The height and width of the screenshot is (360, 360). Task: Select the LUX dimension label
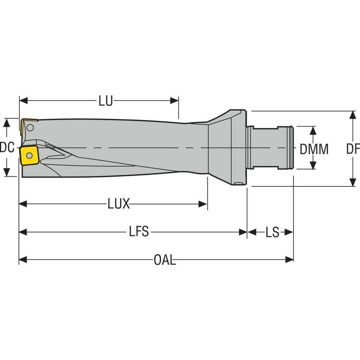click(x=118, y=204)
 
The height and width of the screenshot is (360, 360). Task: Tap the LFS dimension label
click(x=139, y=232)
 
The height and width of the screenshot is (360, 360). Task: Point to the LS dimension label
click(x=273, y=233)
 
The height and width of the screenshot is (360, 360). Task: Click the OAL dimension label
click(x=165, y=260)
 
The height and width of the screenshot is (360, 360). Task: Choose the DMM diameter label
click(x=314, y=149)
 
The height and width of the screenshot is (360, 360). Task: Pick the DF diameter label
click(x=353, y=149)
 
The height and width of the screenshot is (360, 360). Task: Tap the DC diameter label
click(x=7, y=147)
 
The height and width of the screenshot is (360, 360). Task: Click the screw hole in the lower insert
click(x=29, y=155)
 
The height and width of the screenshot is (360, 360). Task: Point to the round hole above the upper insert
click(x=31, y=127)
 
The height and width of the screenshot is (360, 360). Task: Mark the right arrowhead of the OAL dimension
click(x=289, y=259)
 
